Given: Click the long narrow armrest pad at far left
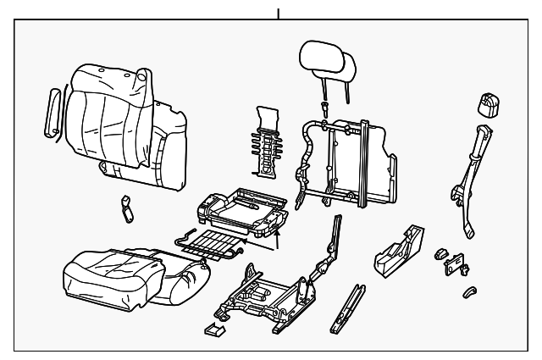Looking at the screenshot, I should pos(52,111).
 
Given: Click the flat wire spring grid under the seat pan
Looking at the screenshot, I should pos(212,246).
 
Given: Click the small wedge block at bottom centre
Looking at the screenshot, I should pos(215,329).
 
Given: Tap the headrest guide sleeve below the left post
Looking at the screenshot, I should pos(325,108).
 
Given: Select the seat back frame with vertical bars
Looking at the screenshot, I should pos(351,161).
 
